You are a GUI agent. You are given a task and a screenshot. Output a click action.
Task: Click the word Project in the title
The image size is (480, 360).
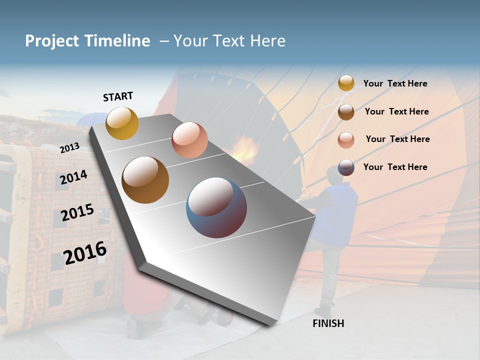pos(52,41)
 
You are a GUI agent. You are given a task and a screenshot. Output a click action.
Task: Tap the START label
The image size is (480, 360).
pos(118,96)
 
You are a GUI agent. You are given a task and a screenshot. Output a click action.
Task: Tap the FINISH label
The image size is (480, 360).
pos(328,323)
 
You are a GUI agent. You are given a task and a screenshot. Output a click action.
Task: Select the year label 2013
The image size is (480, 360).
pos(70,147)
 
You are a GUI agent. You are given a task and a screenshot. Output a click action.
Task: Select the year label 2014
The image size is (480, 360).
pos(73,177)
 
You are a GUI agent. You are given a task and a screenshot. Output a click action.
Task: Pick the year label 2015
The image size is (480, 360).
pos(77,212)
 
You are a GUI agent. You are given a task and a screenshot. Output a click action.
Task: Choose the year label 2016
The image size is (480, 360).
pos(85,252)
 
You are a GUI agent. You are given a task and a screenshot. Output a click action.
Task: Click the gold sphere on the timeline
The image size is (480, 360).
pos(122,123)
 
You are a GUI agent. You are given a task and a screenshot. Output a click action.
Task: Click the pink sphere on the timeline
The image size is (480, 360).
pos(189,139)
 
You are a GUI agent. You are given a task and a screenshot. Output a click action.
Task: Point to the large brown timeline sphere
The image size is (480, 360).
pos(145,180)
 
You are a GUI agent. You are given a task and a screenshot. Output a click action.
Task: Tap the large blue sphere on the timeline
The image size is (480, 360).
pos(216,207)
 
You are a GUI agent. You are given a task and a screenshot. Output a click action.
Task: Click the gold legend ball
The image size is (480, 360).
pos(346,83)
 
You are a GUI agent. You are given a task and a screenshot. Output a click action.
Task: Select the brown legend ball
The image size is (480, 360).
pos(346,111)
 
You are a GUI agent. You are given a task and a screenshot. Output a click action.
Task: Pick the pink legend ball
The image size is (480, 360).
pos(346,139)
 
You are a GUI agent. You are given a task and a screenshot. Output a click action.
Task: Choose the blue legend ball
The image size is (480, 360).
pos(346,167)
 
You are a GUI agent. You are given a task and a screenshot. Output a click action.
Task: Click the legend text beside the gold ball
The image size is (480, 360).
pos(395,83)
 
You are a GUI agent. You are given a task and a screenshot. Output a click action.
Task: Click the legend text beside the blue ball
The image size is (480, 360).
pos(395,167)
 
